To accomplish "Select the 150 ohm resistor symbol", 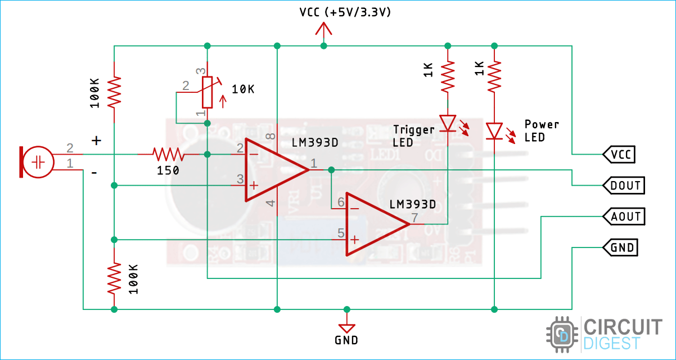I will click(168, 154).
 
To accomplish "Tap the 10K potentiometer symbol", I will click(207, 92).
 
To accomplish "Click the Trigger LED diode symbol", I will click(448, 123).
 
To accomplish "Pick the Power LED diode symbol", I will click(494, 131).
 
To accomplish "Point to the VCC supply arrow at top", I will click(323, 29).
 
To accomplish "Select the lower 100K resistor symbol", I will click(114, 278).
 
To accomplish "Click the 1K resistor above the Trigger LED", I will click(448, 77).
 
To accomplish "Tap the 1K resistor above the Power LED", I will click(494, 77).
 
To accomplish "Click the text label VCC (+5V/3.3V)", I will click(345, 12).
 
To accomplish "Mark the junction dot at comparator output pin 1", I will click(331, 169).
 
